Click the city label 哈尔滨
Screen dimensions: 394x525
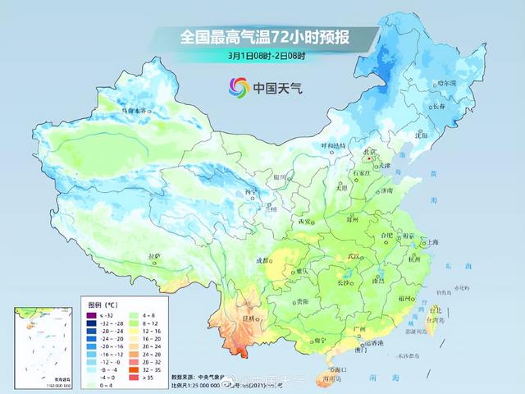469,82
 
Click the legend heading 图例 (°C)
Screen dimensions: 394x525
100,303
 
